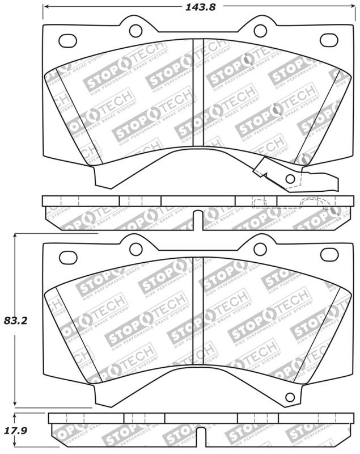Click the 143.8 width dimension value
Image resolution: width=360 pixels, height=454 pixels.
click(x=191, y=7)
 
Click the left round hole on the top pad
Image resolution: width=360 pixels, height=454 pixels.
click(x=135, y=31)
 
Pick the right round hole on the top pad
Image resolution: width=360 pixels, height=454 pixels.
click(x=260, y=31)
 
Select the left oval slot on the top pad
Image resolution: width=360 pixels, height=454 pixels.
click(x=68, y=40)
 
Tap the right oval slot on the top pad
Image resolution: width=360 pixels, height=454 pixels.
click(x=328, y=40)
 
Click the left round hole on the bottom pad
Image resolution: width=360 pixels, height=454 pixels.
click(x=135, y=249)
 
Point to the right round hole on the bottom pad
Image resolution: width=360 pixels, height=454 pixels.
click(x=260, y=249)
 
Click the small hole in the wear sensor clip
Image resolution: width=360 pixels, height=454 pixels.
click(x=290, y=179)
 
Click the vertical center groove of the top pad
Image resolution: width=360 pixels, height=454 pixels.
click(x=198, y=102)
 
